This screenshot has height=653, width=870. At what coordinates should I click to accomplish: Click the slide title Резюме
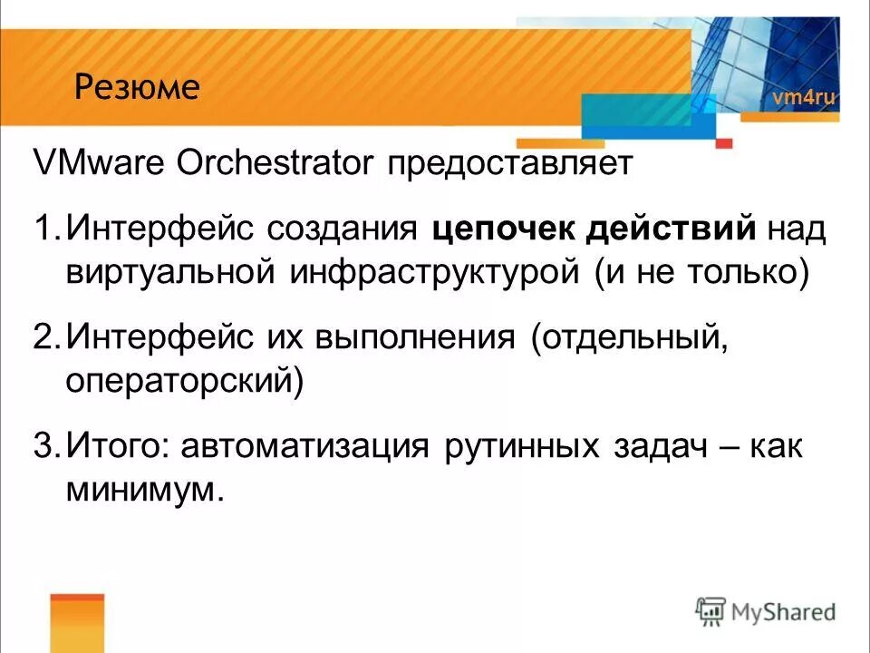(x=137, y=88)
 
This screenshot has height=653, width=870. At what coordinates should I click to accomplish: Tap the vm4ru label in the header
(x=803, y=98)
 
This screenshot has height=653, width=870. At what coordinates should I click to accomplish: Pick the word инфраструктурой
(x=433, y=273)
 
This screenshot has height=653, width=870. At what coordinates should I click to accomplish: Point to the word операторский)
(x=184, y=382)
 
